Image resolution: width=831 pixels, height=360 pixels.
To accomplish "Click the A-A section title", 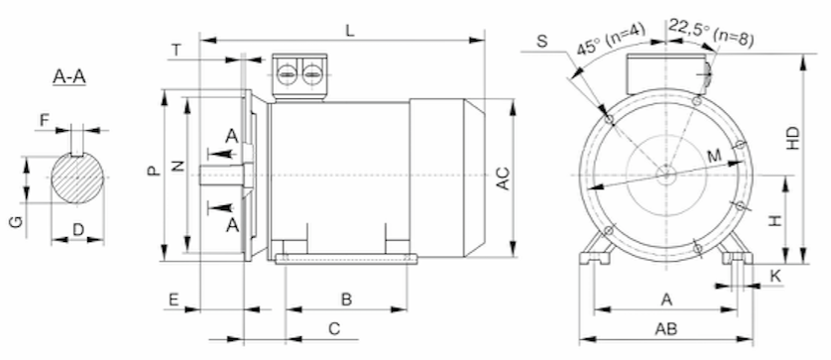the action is tap(69, 76).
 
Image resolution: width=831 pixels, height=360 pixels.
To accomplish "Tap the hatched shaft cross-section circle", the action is tap(77, 178).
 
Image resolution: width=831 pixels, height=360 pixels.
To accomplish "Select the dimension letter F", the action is tap(45, 121).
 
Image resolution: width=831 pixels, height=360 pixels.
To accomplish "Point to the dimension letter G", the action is tap(17, 222).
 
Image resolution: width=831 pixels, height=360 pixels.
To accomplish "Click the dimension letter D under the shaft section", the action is tap(78, 229).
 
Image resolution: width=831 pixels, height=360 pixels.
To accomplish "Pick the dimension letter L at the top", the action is tap(350, 30).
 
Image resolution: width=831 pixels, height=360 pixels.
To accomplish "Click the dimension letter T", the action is tap(177, 51).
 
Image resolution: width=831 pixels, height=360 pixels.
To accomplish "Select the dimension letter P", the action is tap(153, 171).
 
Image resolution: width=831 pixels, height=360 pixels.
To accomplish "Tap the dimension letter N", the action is tap(178, 166).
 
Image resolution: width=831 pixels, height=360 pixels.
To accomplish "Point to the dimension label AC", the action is tap(503, 179).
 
